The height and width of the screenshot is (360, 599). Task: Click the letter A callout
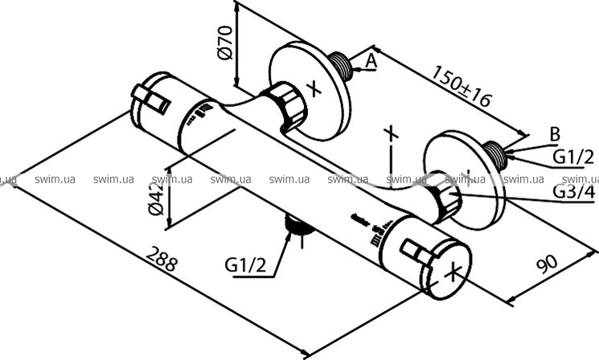[371, 60]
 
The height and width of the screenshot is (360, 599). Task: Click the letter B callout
[554, 133]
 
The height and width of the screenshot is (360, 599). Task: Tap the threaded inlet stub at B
[496, 151]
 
